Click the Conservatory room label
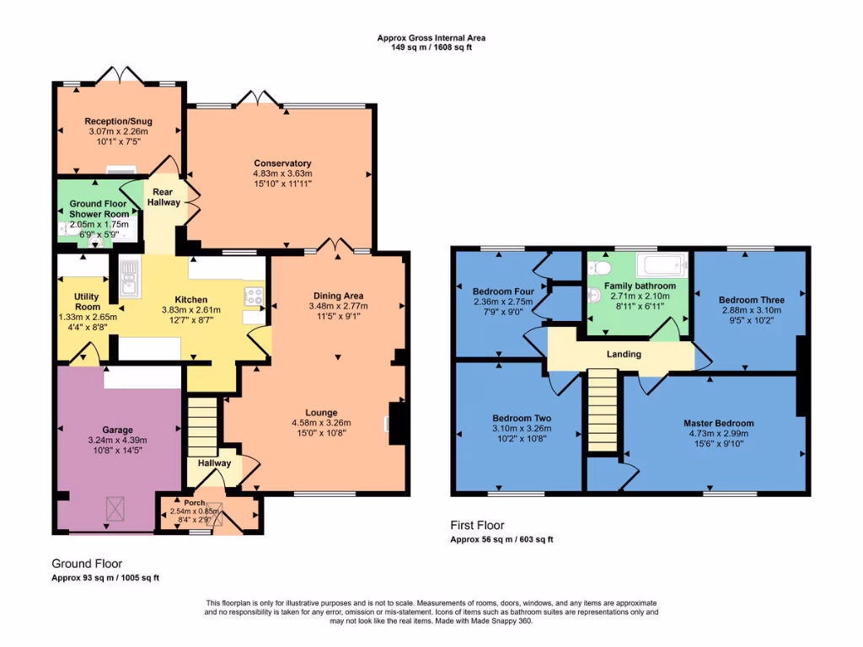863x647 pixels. point(282,163)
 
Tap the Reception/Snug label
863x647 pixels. point(118,121)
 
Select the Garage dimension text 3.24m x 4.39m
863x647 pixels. point(117,440)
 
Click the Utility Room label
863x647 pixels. point(87,302)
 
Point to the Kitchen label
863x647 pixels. point(190,299)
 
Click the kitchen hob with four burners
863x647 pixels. point(254,296)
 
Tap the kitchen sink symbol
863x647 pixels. point(129,277)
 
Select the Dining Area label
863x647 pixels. point(338,296)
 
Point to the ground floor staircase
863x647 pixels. point(201,425)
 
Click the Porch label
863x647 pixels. point(194,503)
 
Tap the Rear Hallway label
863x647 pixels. point(163,197)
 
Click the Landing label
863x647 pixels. point(624,354)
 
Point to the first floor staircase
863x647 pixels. point(603,413)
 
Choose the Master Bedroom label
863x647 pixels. point(718,423)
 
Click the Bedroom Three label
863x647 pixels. point(751,300)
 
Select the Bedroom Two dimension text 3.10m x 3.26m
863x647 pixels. point(522,428)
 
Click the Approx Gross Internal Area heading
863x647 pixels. point(431,38)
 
